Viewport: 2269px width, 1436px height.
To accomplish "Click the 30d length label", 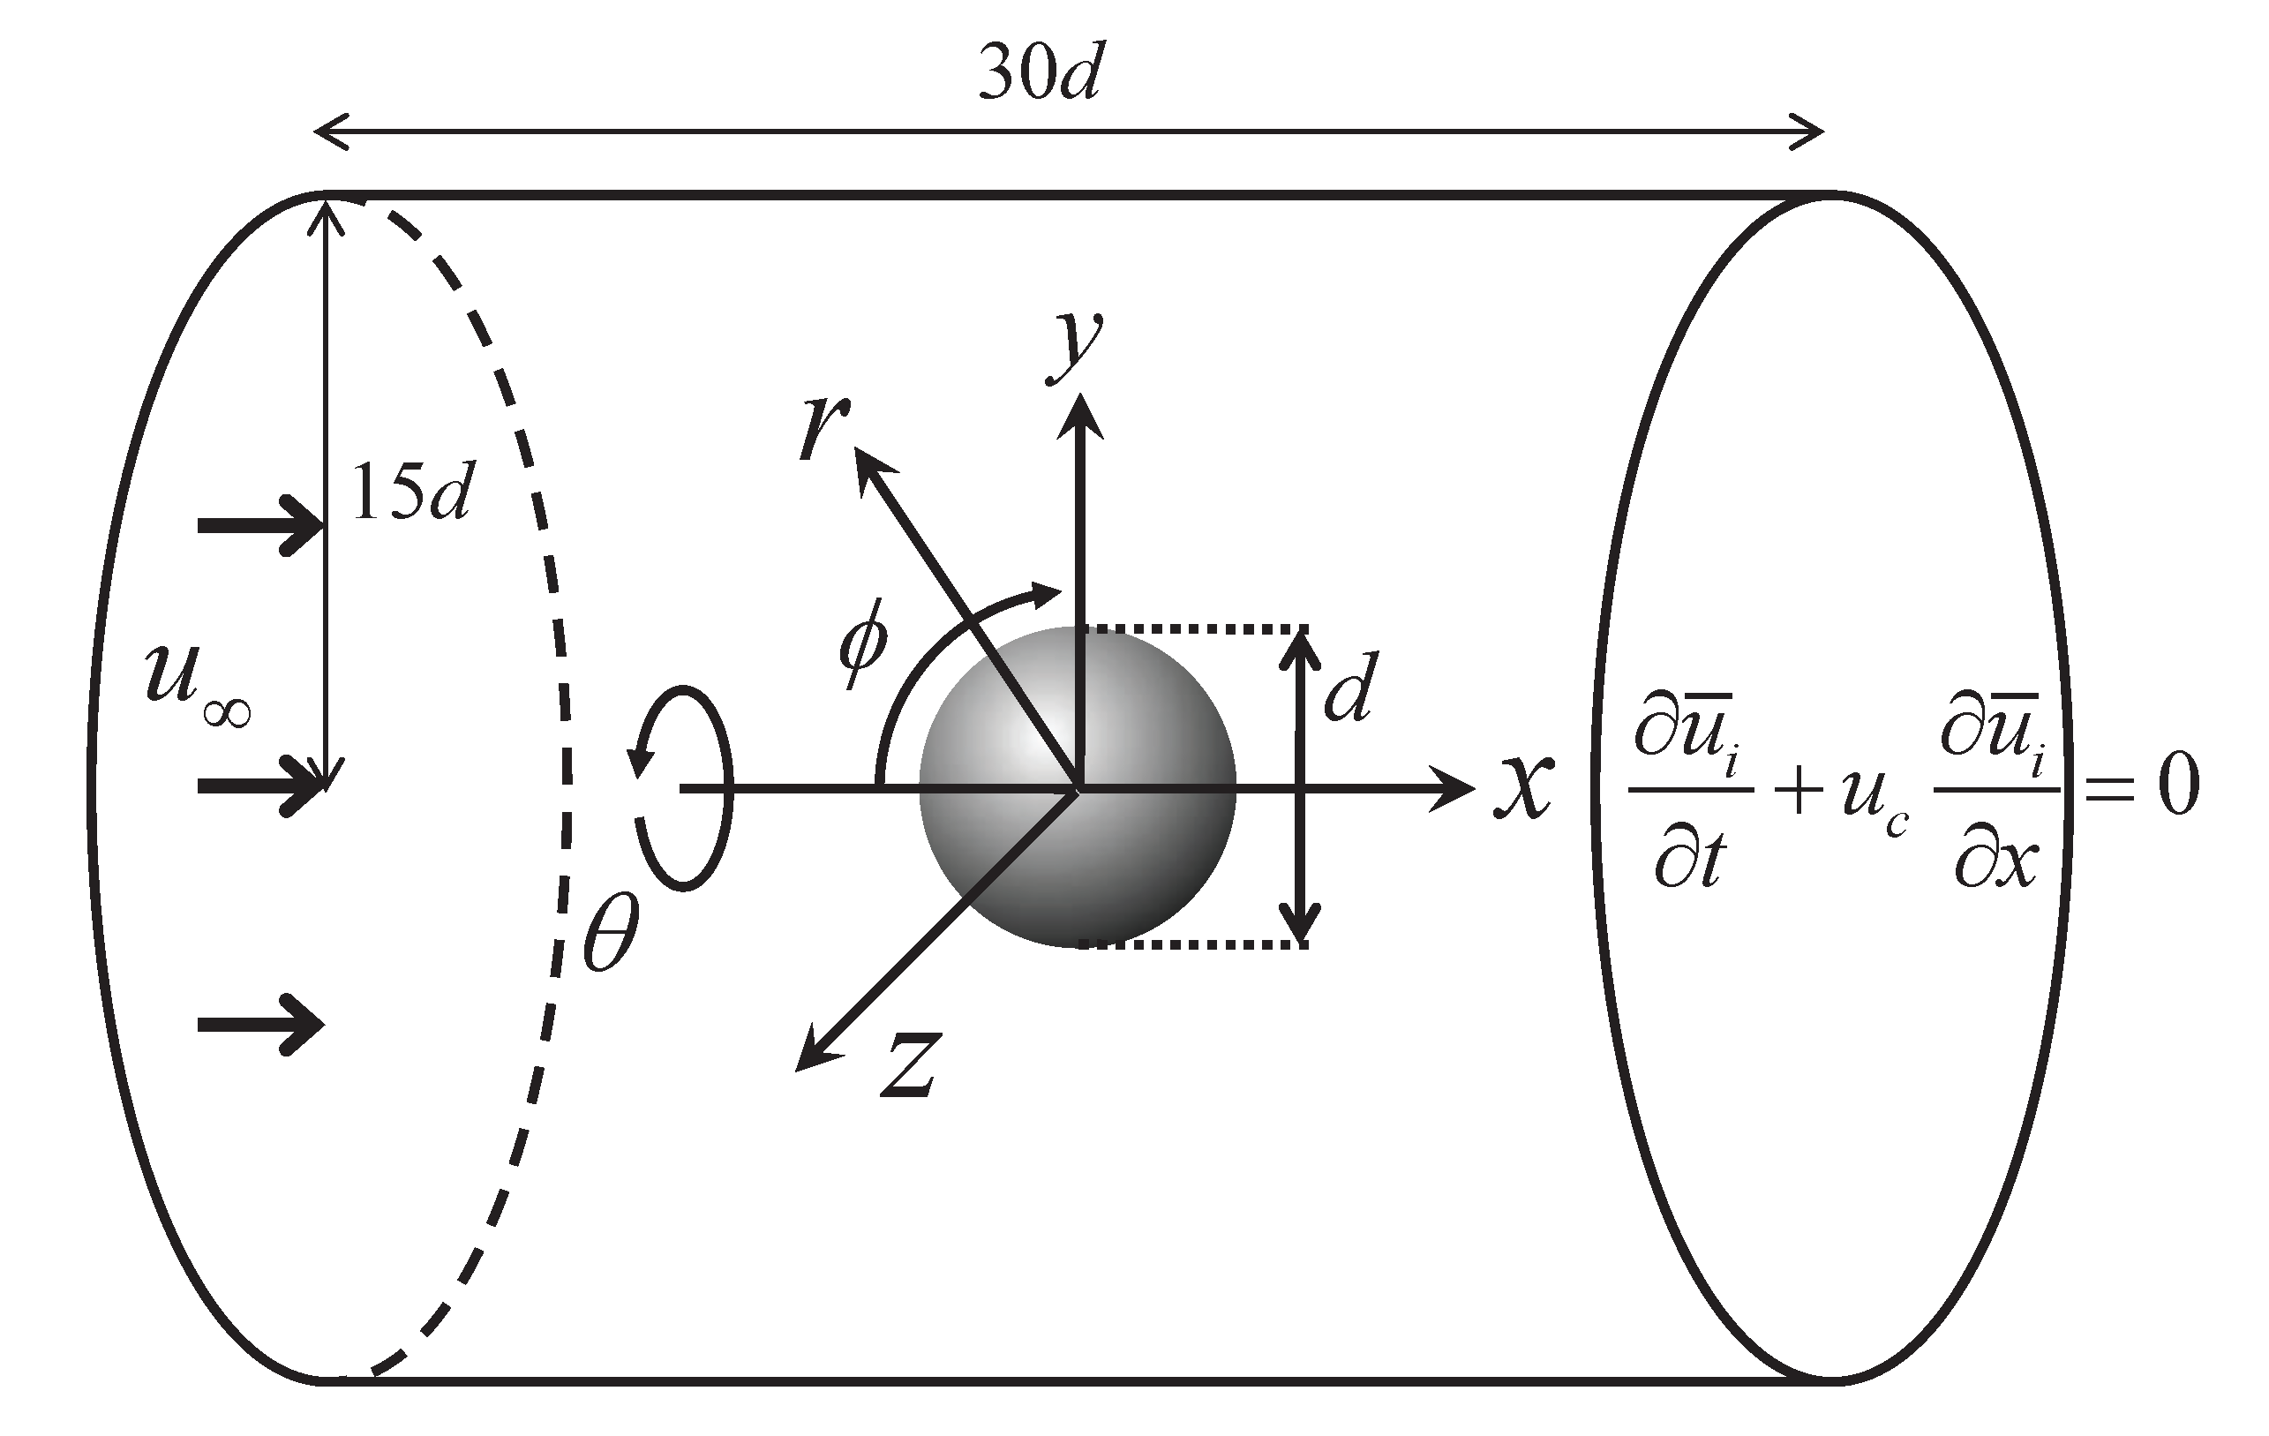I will [1039, 73].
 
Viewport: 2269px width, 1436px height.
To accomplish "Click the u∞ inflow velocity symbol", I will [196, 680].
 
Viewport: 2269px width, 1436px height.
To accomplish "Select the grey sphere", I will [1077, 786].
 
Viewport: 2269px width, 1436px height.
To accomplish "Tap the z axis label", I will [910, 1068].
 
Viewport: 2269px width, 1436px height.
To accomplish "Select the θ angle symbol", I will [611, 931].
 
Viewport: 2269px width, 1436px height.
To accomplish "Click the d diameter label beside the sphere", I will [1349, 686].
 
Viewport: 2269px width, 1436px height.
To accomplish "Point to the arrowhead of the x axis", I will [1456, 786].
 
